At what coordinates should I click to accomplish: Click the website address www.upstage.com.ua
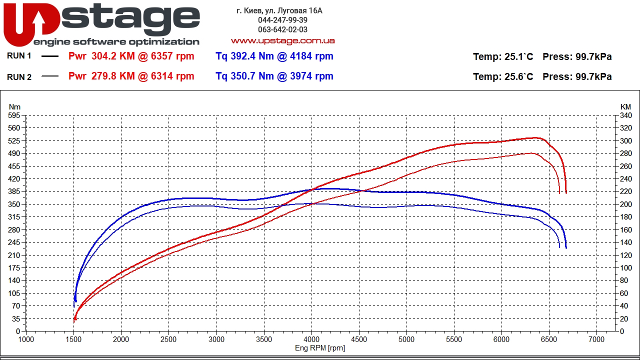pos(282,40)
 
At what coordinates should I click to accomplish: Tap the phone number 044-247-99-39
pos(282,20)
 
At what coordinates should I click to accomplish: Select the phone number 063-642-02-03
pos(282,29)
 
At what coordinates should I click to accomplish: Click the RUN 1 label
pos(19,56)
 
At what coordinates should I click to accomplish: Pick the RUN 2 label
pos(19,76)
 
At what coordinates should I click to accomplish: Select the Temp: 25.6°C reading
pos(503,76)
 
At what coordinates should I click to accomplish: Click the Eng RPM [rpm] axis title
pos(319,348)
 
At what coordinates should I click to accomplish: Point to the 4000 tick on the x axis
pos(311,338)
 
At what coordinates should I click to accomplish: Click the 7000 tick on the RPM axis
pos(596,338)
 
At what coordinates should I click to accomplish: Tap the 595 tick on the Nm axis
pos(14,115)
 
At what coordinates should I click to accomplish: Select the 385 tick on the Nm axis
pos(14,191)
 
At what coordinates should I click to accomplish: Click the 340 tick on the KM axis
pos(625,115)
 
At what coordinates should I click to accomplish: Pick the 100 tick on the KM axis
pos(625,267)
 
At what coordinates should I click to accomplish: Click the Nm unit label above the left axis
pos(14,106)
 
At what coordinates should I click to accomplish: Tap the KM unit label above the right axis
pos(625,106)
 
